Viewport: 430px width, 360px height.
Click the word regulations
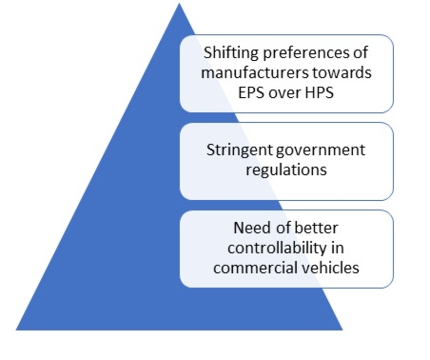[x=286, y=170]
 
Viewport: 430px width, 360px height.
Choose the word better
[x=316, y=228]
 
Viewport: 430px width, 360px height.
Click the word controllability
[x=277, y=248]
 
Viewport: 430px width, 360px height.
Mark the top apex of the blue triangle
[x=179, y=3]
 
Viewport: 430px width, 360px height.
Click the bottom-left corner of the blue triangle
[x=16, y=330]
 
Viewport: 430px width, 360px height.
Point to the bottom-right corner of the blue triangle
[x=342, y=330]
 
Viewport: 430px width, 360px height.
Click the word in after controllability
[x=338, y=248]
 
